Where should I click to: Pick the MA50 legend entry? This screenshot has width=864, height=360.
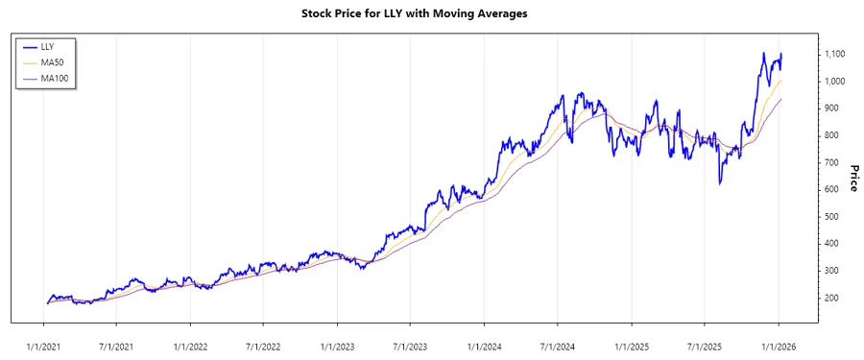coord(52,62)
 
